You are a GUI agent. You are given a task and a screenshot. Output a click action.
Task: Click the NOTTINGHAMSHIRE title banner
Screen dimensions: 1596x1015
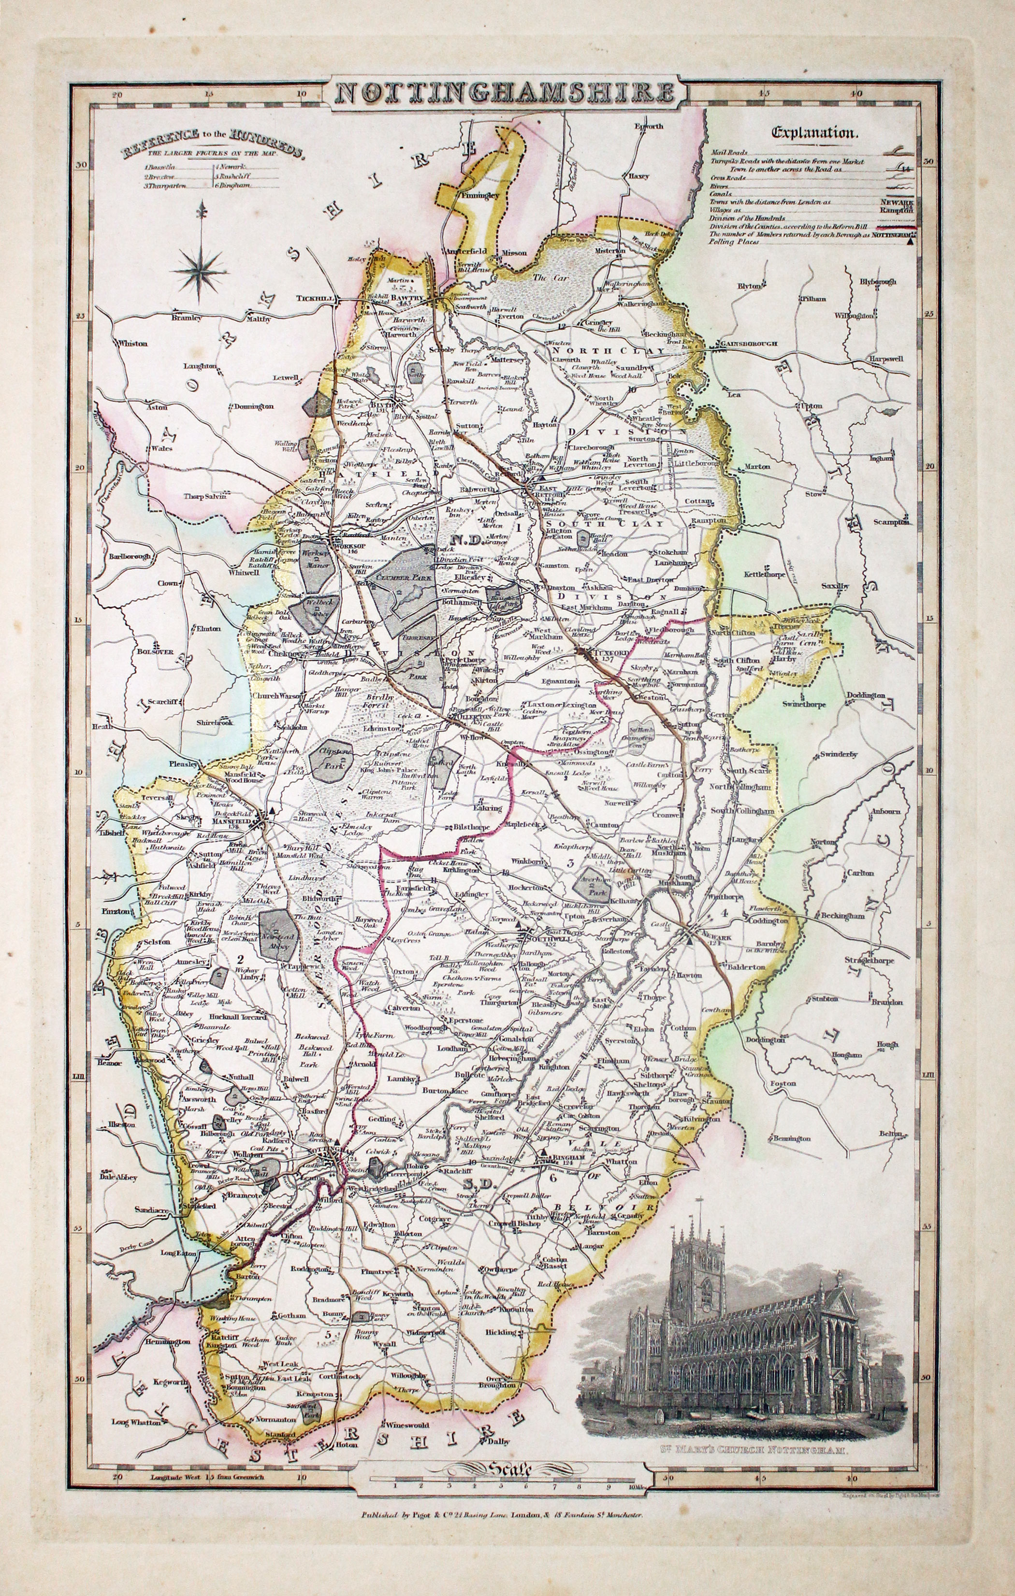coord(501,94)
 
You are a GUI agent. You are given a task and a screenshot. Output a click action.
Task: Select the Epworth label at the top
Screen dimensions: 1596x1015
coord(648,126)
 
